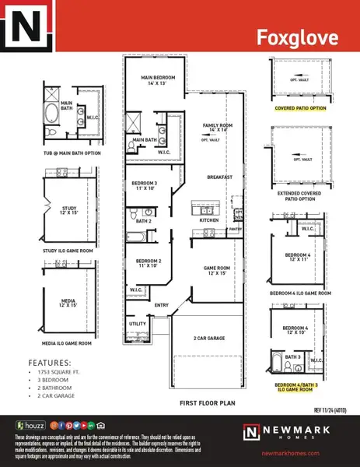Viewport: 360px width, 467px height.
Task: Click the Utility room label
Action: (x=138, y=323)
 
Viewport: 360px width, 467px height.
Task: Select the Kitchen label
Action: (x=209, y=220)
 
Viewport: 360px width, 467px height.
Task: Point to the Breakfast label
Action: (x=220, y=177)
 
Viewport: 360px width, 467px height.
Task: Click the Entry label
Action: (x=162, y=305)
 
